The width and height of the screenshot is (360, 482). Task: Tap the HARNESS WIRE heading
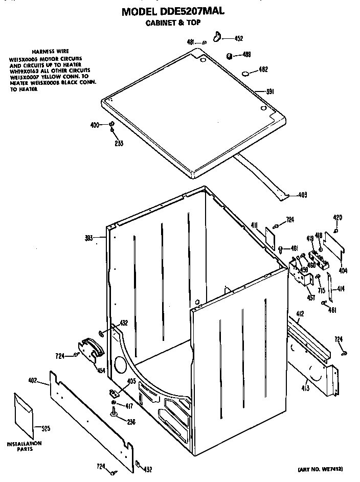coord(47,52)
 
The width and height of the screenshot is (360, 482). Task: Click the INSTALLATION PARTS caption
coord(24,446)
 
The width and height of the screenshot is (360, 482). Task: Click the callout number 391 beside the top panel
coord(271,92)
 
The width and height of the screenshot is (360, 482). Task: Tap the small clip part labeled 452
coord(217,36)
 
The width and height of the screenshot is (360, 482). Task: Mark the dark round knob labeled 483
coord(230,55)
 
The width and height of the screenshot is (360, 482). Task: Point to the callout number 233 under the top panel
coord(118,143)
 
